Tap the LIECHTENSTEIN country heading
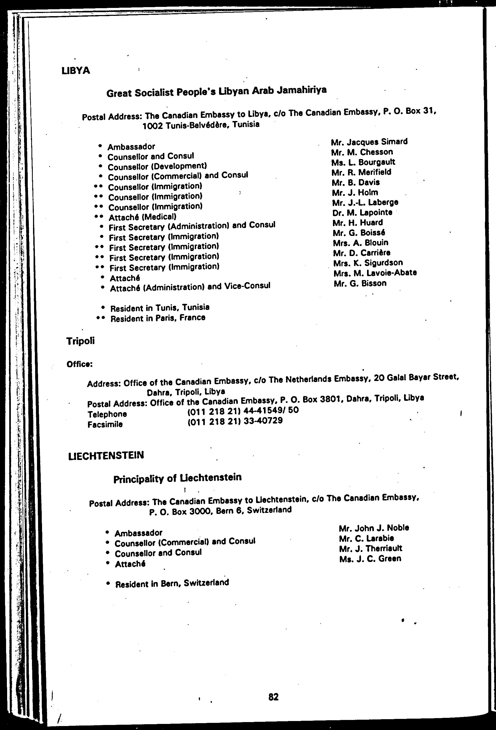pos(106,455)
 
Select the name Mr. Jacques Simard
pos(369,142)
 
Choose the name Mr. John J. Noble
pos(374,528)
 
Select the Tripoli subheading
pos(80,341)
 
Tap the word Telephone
pos(107,414)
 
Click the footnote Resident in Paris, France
pos(158,318)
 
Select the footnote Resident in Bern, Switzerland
pos(172,584)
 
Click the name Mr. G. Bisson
pos(360,283)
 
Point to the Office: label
pos(80,364)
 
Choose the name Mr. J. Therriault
pos(371,548)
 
